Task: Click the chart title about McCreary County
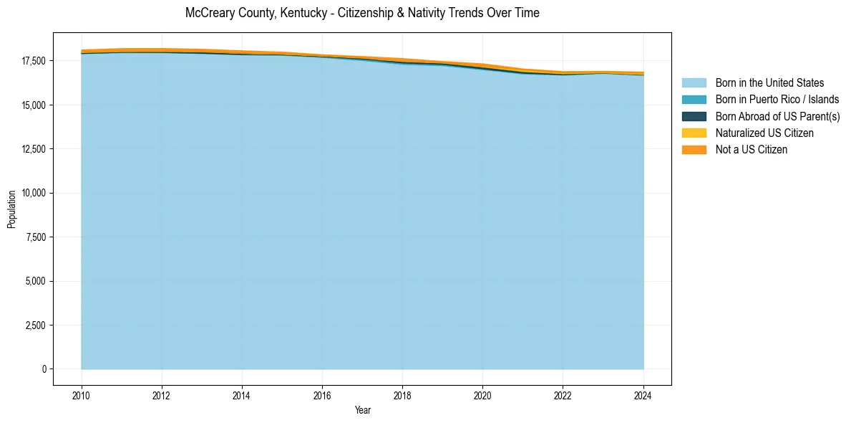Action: coord(362,13)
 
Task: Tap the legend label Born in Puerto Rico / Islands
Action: coord(777,100)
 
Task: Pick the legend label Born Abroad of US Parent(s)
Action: coord(777,116)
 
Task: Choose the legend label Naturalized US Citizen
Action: coord(764,133)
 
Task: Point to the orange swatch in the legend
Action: coord(694,149)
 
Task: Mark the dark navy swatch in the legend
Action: coord(694,116)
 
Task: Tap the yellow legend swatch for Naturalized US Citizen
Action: coord(694,133)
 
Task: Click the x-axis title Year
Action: coord(362,410)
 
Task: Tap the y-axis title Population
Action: coord(11,209)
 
